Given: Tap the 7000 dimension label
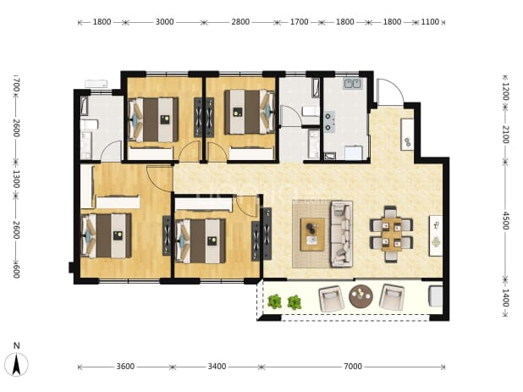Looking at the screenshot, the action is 353,367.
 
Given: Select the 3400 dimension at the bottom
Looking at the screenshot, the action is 217,367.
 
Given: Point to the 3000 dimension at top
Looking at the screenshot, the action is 165,22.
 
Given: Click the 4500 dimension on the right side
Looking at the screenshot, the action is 506,220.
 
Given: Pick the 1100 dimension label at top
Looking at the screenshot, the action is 430,22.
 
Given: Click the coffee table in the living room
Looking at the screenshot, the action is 312,234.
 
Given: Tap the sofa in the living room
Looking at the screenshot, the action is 341,234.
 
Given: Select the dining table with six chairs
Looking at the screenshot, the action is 391,234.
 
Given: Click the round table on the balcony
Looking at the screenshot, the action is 361,296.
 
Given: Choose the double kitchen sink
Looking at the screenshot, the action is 353,84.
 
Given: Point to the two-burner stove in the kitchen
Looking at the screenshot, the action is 329,121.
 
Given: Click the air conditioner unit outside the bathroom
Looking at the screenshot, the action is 96,84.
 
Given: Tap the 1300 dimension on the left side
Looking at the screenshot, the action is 16,179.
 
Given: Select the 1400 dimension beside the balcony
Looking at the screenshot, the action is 506,298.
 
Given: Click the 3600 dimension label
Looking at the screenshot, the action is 125,367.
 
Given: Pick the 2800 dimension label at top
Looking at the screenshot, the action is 240,22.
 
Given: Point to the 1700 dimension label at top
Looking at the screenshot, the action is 300,22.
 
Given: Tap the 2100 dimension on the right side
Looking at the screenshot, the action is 506,135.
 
